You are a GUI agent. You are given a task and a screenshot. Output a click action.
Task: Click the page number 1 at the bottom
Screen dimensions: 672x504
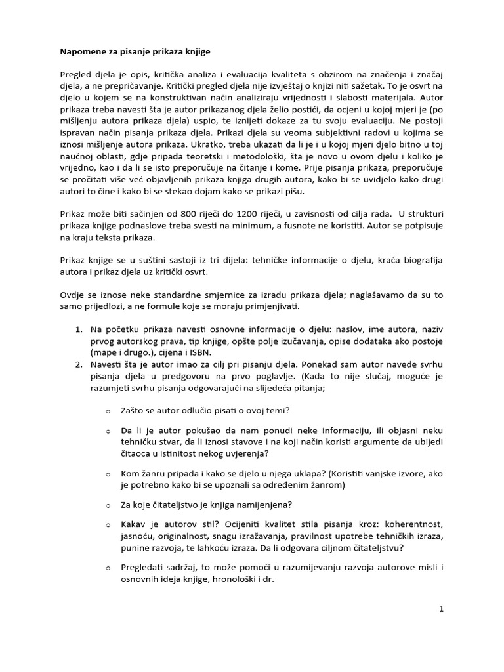point(442,609)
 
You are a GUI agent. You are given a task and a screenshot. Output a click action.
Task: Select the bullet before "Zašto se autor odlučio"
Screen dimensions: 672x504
point(108,411)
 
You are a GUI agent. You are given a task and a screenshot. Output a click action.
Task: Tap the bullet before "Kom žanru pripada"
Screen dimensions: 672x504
point(108,473)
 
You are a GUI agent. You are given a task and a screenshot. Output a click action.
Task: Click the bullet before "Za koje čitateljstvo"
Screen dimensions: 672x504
point(108,505)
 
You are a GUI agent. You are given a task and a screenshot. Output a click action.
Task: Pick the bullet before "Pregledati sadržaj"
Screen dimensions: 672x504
point(108,568)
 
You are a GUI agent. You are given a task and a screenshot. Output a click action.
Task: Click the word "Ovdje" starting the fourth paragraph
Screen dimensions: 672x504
point(72,295)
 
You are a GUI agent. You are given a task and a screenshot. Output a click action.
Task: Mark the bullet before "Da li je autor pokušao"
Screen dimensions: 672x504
point(108,430)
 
